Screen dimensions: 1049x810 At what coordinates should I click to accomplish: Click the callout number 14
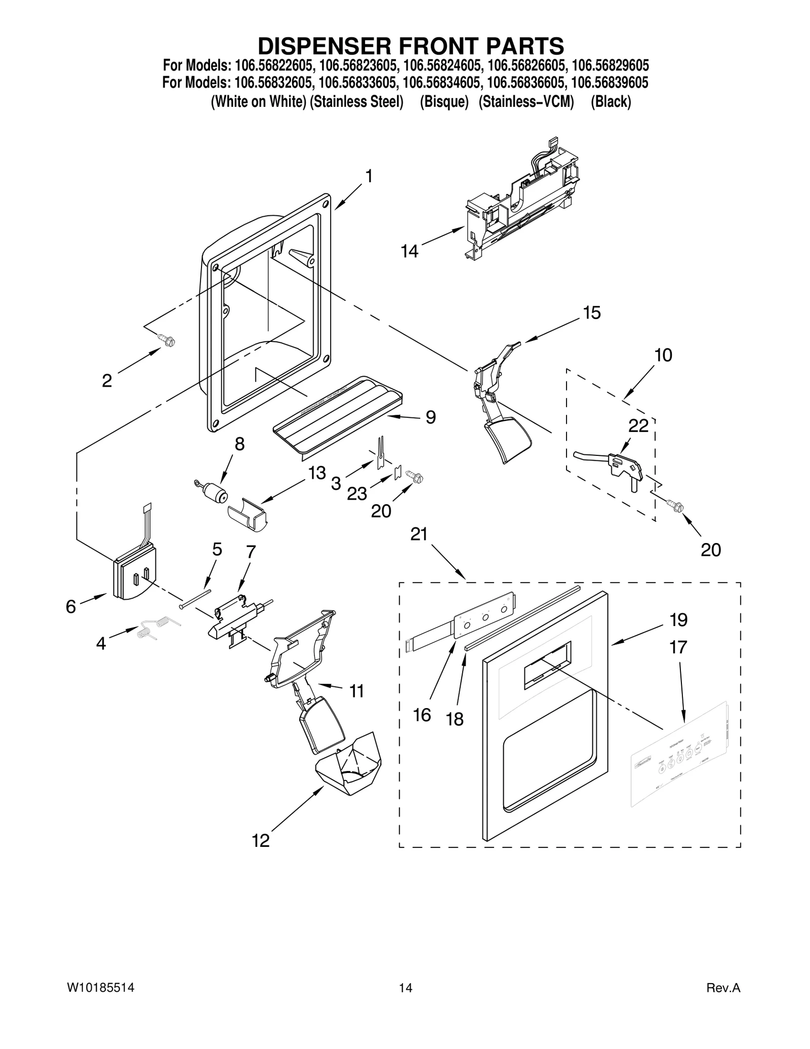410,251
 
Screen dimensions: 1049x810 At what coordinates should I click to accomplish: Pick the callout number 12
261,840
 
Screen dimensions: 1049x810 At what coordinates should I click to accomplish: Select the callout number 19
678,619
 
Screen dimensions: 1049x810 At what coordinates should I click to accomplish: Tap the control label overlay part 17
679,759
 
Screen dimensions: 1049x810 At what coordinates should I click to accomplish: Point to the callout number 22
638,426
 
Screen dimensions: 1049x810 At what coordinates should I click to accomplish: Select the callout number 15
591,313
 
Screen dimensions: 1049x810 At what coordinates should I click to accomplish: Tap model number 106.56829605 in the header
610,65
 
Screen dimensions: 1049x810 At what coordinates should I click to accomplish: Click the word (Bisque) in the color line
443,102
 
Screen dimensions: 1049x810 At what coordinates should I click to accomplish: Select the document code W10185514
100,988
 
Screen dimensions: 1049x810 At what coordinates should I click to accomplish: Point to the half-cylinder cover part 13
248,515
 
